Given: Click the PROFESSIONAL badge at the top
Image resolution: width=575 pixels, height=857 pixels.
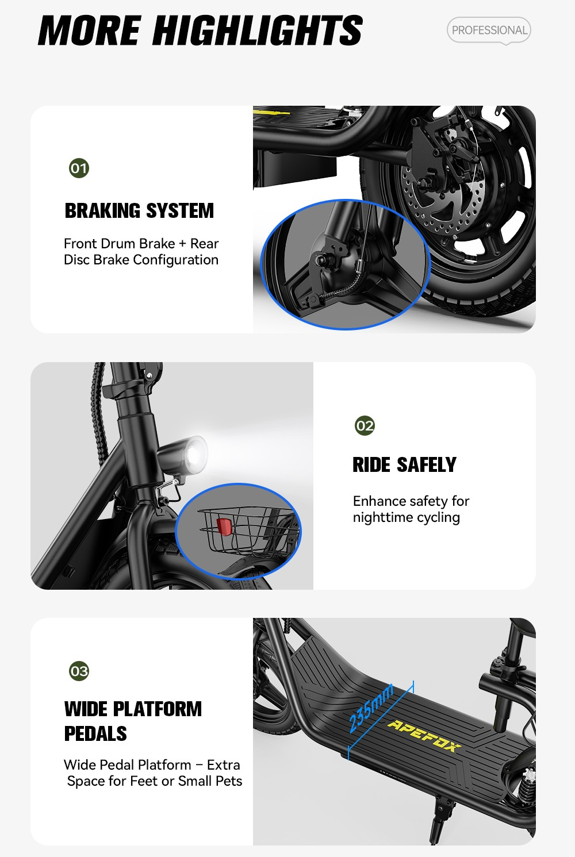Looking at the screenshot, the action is click(x=489, y=30).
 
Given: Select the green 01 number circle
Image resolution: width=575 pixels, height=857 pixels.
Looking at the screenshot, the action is click(x=79, y=168).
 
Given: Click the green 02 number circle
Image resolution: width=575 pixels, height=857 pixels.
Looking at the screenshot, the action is click(x=365, y=425).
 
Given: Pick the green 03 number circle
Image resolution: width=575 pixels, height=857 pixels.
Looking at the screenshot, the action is click(x=79, y=671).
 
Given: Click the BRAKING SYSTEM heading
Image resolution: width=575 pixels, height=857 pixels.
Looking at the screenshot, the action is click(x=139, y=211).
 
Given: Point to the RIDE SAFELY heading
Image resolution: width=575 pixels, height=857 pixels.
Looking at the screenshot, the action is click(x=404, y=465).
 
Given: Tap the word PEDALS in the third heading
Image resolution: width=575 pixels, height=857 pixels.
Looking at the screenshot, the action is click(x=95, y=733).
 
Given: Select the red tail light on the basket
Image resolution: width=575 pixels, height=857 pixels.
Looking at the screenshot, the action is click(x=224, y=527).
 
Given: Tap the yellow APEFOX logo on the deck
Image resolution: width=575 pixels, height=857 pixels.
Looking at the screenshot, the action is click(x=424, y=736).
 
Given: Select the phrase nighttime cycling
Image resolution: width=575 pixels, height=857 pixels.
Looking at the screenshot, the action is click(x=406, y=518).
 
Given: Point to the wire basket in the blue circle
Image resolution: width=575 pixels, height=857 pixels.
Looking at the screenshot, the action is click(x=249, y=531).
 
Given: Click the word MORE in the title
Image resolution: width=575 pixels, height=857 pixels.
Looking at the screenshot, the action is click(x=90, y=30).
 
